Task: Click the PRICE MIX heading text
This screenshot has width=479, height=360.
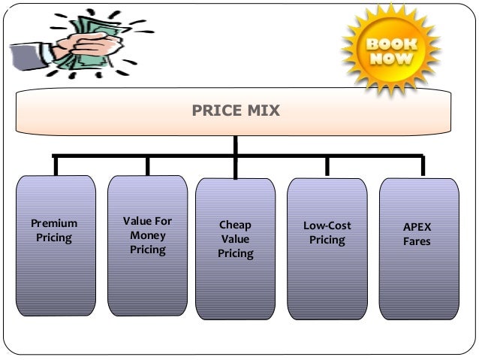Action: tap(236, 112)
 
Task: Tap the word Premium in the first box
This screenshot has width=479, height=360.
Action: tap(53, 224)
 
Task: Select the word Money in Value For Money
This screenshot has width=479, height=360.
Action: tap(147, 235)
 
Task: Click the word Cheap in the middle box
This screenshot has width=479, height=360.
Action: tap(235, 225)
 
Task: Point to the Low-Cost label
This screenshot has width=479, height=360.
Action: tap(327, 225)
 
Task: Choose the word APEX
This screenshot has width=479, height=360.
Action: tap(417, 226)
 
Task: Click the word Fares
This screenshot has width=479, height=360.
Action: tap(417, 241)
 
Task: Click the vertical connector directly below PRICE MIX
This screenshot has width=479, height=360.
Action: tap(236, 144)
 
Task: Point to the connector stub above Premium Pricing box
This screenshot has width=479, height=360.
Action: tap(54, 165)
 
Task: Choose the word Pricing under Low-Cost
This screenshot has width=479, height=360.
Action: tap(327, 241)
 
